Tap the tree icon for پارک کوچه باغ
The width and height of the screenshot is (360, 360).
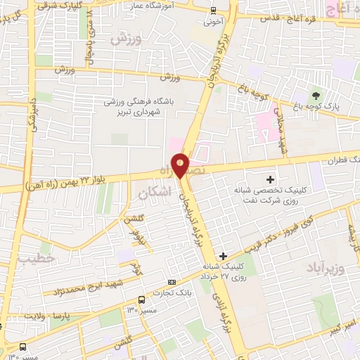coord(315,95)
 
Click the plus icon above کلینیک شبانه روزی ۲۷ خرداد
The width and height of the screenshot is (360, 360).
coord(224,256)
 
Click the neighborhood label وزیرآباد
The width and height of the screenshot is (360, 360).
coord(323,267)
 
